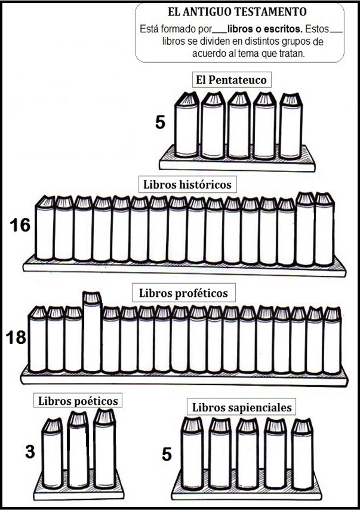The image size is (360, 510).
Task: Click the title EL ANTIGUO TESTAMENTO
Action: pyautogui.click(x=237, y=12)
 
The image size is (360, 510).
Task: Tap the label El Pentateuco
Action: pyautogui.click(x=231, y=79)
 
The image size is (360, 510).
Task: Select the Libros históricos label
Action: pyautogui.click(x=187, y=185)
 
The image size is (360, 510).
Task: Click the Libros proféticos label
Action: pyautogui.click(x=183, y=293)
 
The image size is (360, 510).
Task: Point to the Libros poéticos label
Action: pyautogui.click(x=78, y=400)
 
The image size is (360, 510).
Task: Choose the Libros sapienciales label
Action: pyautogui.click(x=242, y=407)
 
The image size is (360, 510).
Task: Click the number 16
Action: pyautogui.click(x=20, y=225)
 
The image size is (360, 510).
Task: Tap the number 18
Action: pyautogui.click(x=16, y=337)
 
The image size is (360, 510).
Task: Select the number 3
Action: pyautogui.click(x=30, y=452)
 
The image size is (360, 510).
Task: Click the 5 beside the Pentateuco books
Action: pyautogui.click(x=161, y=122)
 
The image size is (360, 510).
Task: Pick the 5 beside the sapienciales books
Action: pyautogui.click(x=167, y=454)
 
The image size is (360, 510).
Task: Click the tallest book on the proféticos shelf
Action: pyautogui.click(x=93, y=332)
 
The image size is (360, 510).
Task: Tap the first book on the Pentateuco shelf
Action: pyautogui.click(x=187, y=125)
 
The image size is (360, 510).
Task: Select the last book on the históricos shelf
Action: pyautogui.click(x=325, y=229)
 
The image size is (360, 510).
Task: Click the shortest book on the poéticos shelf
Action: pyautogui.click(x=53, y=453)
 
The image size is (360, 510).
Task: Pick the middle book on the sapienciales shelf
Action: pyautogui.click(x=247, y=454)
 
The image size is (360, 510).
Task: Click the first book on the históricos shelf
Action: pyautogui.click(x=45, y=228)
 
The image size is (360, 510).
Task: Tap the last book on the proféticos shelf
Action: pyautogui.click(x=333, y=340)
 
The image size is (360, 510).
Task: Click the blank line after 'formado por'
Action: pyautogui.click(x=220, y=32)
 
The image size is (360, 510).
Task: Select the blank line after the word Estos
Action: pyautogui.click(x=336, y=32)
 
